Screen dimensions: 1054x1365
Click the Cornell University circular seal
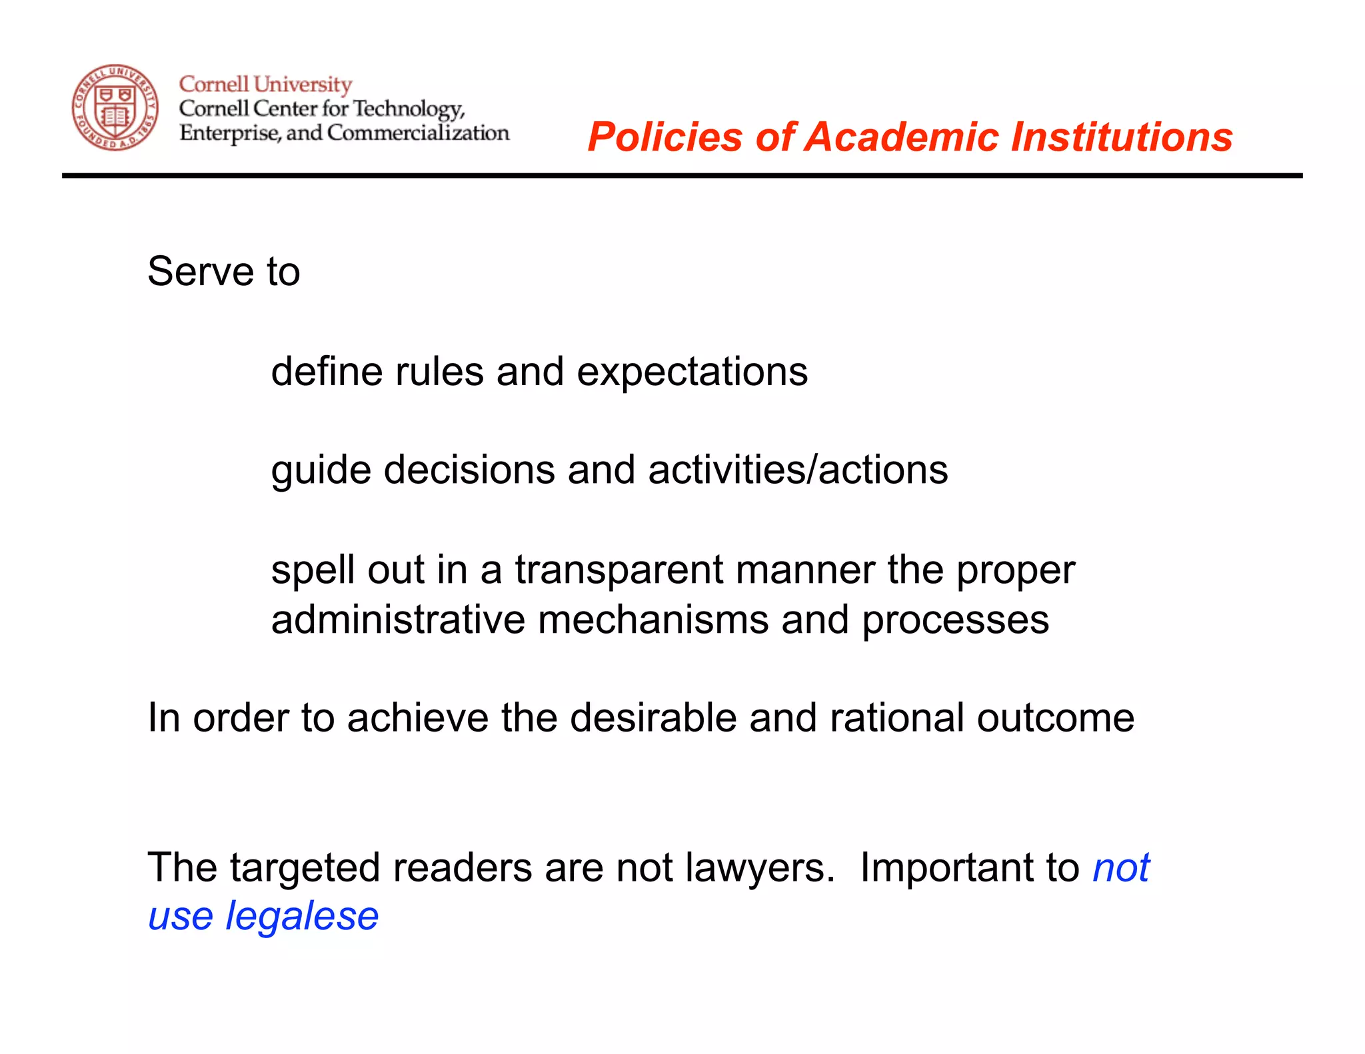coord(115,108)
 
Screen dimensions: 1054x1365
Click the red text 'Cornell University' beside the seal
coord(265,85)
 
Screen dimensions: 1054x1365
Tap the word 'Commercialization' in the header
coord(418,133)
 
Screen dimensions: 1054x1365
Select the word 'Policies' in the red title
coord(665,137)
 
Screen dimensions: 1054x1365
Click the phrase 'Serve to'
coord(224,272)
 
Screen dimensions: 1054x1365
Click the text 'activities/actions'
coord(798,470)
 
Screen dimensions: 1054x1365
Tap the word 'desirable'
coord(653,718)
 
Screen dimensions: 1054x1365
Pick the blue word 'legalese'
coord(302,917)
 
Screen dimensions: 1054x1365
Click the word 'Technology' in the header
coord(408,109)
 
